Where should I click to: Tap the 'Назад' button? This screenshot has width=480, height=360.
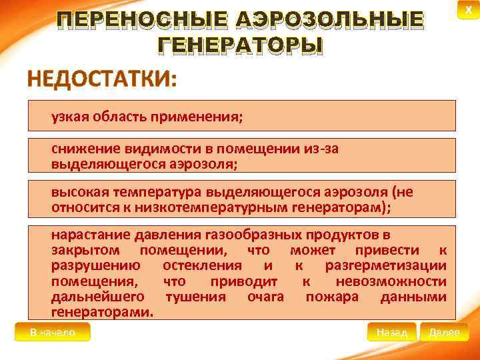point(391,332)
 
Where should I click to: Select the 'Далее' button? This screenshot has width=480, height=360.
point(444,332)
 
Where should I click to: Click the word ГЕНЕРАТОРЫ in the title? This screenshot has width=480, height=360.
point(240,45)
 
